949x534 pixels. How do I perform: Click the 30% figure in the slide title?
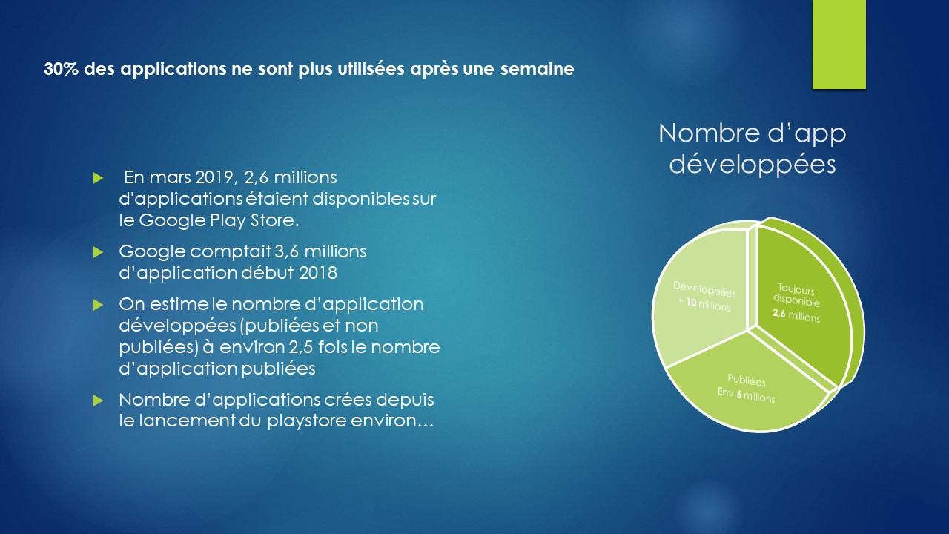61,69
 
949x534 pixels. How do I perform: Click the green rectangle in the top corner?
839,44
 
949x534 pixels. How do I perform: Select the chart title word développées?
753,165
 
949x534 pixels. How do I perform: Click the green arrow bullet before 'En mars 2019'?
98,178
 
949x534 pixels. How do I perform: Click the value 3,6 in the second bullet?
287,251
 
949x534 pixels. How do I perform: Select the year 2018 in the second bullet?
318,273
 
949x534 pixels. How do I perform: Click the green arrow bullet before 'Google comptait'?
98,252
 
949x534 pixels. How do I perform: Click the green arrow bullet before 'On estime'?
98,305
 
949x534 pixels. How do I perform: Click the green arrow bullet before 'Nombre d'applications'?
98,400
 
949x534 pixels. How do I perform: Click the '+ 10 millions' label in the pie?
704,304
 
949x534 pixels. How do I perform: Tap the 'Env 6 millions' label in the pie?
746,395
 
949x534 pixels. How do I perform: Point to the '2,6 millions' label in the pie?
796,315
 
